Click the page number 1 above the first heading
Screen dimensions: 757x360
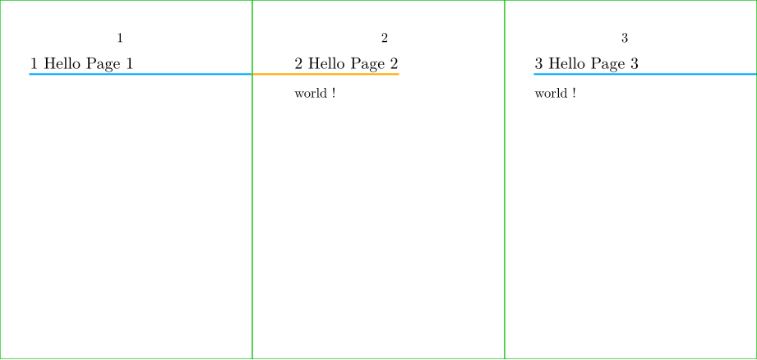120,38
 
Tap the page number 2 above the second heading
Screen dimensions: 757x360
385,38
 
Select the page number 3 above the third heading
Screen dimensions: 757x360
624,38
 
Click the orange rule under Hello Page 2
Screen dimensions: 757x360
325,74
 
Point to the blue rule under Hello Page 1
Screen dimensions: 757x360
141,74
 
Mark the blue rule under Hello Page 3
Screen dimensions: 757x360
645,74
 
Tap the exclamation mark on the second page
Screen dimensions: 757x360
334,93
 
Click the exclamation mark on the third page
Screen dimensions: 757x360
574,93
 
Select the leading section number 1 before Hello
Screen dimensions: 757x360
35,63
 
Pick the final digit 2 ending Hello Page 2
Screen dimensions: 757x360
394,63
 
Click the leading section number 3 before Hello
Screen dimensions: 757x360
539,63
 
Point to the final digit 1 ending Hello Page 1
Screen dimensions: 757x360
129,63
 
